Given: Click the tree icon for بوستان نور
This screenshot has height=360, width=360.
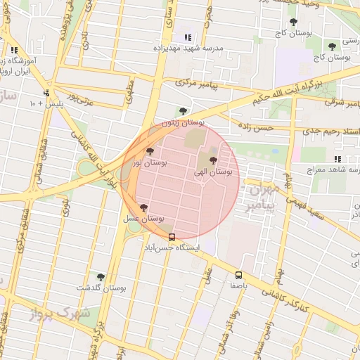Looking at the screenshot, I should click(149, 151).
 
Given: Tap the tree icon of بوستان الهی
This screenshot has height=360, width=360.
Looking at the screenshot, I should click(213, 160).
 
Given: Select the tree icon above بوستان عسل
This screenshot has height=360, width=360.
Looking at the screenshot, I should click(144, 207).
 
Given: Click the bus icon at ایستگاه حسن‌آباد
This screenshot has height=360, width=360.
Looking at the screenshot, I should click(172, 237).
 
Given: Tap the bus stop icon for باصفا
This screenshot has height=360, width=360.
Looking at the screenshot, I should click(238, 275).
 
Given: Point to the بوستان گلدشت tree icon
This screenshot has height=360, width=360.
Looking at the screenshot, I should click(101, 277).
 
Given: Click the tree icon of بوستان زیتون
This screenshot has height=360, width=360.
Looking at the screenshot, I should click(183, 111).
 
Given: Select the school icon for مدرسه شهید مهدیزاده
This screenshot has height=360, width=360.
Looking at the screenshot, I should click(187, 37).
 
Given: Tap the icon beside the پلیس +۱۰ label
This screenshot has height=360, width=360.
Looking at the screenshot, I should click(46, 93).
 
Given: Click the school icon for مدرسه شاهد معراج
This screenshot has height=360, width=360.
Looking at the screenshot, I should click(337, 159).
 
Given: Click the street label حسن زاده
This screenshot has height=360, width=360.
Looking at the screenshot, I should click(255, 127).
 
